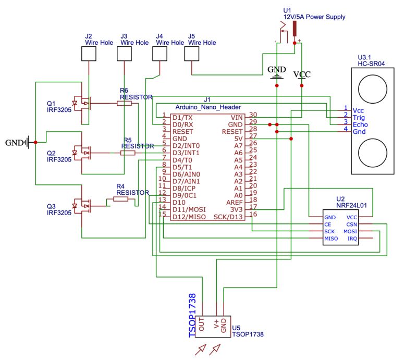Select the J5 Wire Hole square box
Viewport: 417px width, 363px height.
(193, 54)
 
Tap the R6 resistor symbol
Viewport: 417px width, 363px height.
(124, 104)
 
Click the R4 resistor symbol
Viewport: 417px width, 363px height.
(120, 199)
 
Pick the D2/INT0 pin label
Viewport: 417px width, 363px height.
(185, 145)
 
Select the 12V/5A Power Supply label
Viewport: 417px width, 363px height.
(314, 17)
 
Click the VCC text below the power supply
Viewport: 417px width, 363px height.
(302, 74)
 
